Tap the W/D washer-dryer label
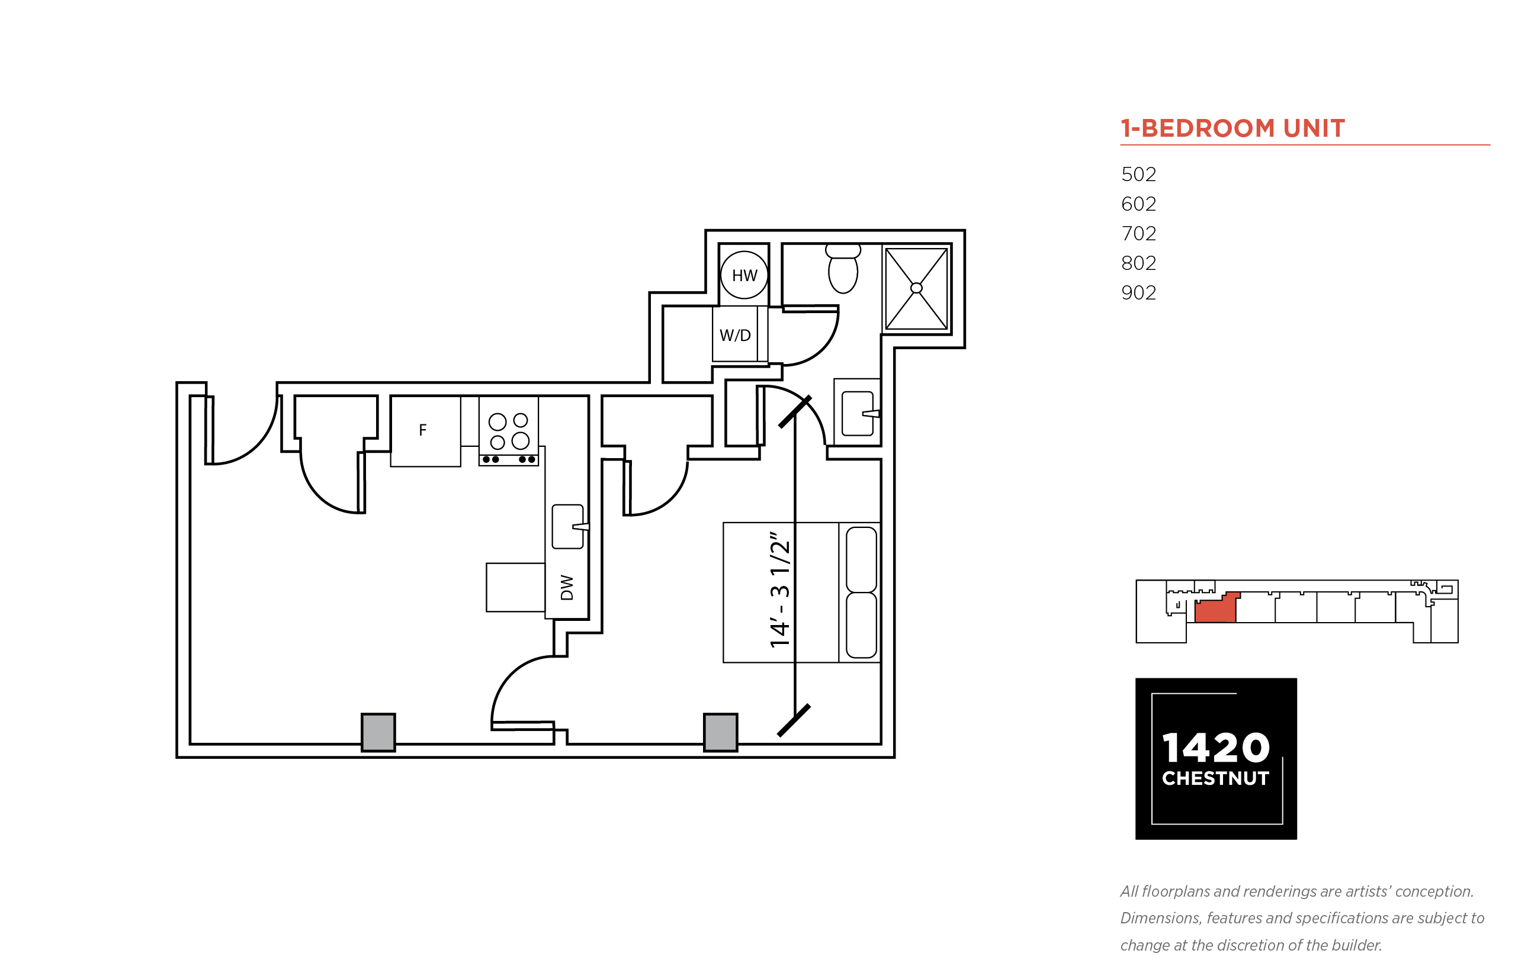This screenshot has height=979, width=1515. pos(734,335)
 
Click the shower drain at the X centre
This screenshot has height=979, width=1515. pos(916,288)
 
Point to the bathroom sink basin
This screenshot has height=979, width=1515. pos(858,413)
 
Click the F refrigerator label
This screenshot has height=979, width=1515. pos(422,430)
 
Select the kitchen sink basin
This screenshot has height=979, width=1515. pos(568,526)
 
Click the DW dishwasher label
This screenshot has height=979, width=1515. pos(567,587)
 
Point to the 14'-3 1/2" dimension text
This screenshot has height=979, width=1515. pos(780,590)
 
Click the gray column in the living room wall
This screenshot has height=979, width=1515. pos(378,732)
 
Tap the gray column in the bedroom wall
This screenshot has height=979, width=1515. pos(720,732)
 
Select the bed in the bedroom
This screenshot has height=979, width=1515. pos(801,592)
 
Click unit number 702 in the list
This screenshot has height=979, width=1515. pos(1138,233)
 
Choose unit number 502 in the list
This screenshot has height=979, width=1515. pos(1138,174)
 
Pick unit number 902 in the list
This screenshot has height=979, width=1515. pos(1138,292)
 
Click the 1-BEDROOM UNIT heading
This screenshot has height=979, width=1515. pos(1232,128)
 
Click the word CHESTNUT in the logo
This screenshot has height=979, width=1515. pos(1215,779)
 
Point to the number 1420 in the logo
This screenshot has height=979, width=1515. pos(1215,748)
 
